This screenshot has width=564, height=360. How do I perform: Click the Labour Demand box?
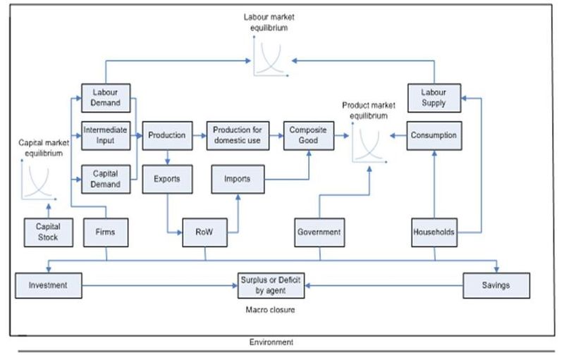click(106, 97)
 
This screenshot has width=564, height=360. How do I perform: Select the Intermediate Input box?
click(106, 136)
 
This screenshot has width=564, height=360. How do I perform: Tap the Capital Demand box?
click(106, 178)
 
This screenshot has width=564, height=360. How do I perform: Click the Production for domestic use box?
click(238, 135)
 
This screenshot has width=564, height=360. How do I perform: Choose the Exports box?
click(166, 178)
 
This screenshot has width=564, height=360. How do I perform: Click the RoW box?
click(205, 232)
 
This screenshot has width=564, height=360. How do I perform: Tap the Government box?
click(319, 232)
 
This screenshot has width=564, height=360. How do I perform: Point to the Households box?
click(434, 232)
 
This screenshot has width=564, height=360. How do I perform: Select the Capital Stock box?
click(48, 232)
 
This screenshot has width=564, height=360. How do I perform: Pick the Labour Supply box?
click(434, 97)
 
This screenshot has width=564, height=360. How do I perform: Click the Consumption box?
click(434, 135)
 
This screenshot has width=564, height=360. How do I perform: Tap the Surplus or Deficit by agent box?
click(271, 285)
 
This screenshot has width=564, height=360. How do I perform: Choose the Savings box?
click(496, 285)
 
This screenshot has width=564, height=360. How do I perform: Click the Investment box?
click(48, 285)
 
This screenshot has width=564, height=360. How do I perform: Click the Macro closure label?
click(270, 309)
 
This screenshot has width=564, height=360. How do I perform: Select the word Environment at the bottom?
click(271, 342)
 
